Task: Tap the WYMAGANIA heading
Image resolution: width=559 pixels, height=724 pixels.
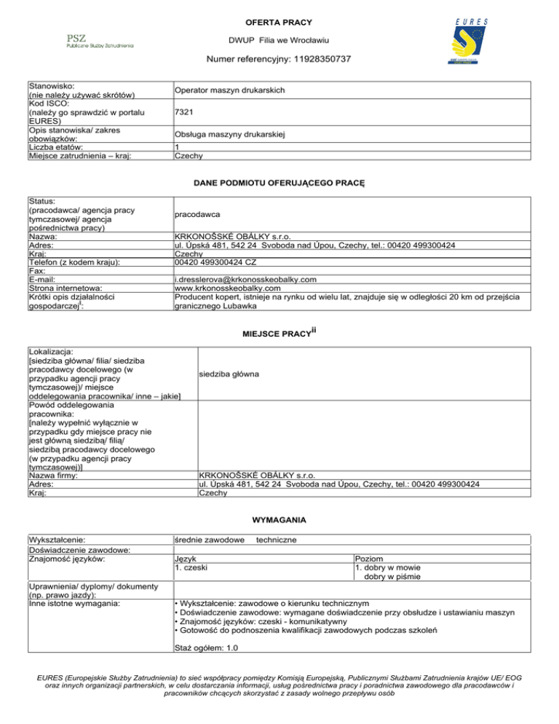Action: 279,520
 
